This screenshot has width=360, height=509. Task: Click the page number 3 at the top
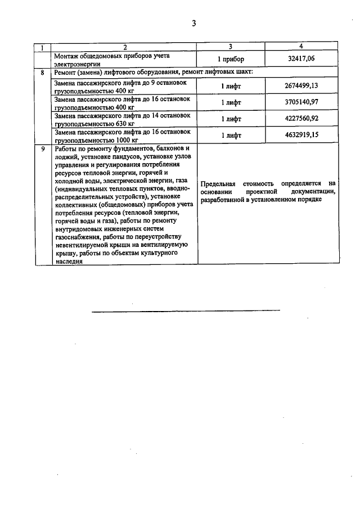click(x=193, y=23)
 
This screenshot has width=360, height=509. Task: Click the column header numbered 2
click(x=125, y=47)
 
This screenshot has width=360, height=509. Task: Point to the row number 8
click(x=43, y=73)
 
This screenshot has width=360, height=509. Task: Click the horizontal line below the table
click(x=186, y=310)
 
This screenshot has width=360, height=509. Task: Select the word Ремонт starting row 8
click(x=67, y=73)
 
